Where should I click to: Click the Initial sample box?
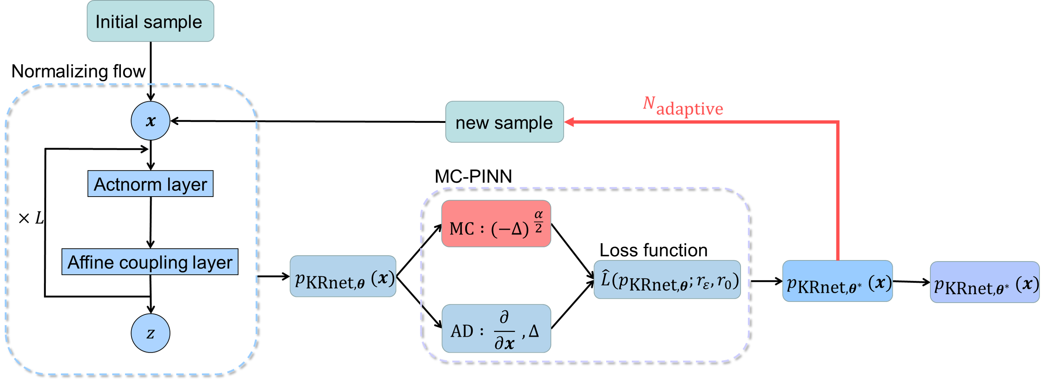coord(150,21)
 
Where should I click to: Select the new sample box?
coord(504,122)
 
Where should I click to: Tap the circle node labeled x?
coord(150,121)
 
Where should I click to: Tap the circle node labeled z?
coord(150,333)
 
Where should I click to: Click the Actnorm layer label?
coord(150,184)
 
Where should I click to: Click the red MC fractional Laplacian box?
coord(496,224)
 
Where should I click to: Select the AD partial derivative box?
coord(496,328)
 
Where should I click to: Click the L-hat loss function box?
coord(667,280)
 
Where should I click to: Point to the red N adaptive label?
coord(682,106)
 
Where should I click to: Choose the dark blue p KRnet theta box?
coord(343,276)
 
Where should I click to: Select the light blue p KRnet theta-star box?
coord(837,281)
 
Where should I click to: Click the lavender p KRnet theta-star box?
coord(984,282)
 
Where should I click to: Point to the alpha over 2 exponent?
coord(539,221)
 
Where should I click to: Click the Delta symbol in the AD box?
coord(533,331)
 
